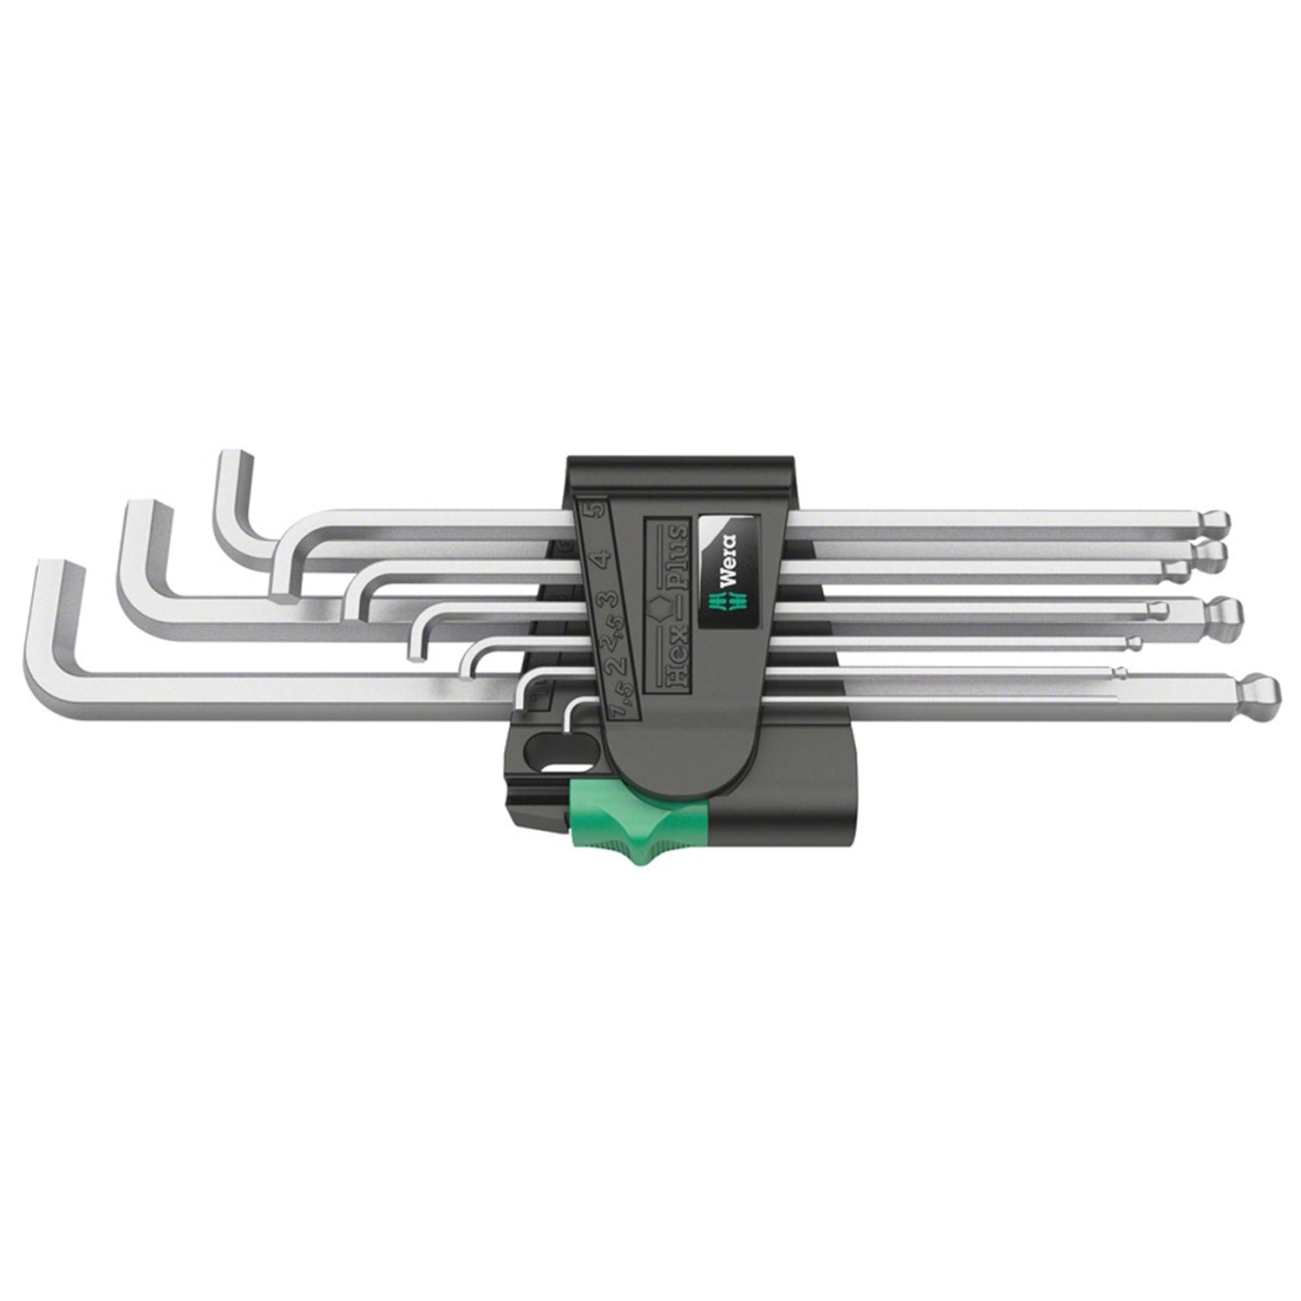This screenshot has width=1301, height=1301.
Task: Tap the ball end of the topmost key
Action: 1217,522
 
